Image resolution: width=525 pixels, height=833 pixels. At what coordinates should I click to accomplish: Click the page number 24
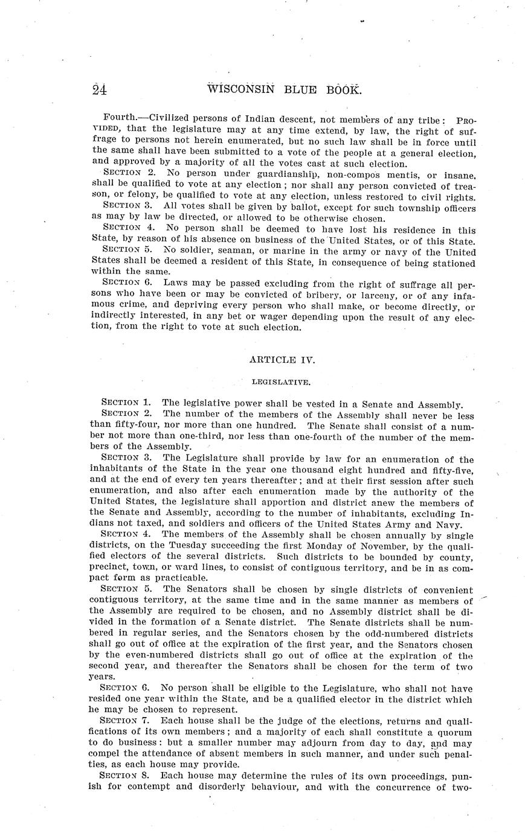(x=100, y=90)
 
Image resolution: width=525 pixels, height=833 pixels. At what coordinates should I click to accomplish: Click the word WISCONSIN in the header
(x=241, y=89)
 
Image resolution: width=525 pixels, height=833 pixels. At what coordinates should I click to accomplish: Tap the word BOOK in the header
(x=344, y=89)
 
